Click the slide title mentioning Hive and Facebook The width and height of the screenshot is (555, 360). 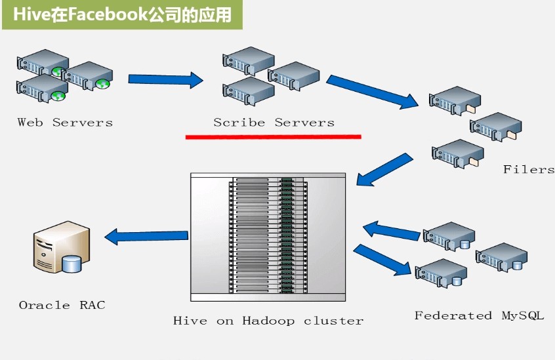click(x=122, y=14)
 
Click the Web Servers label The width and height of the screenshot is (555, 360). click(x=65, y=122)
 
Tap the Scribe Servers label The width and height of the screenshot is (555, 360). click(x=274, y=122)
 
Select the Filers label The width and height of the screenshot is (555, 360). click(x=528, y=169)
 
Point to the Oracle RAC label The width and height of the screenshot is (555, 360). click(x=62, y=305)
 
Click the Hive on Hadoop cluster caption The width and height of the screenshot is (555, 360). click(x=268, y=321)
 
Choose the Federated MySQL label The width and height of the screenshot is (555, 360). click(x=479, y=315)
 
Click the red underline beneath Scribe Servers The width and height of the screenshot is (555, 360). click(x=273, y=136)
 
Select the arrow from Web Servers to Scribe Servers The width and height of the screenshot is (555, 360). click(x=165, y=80)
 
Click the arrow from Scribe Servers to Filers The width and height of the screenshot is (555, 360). click(x=372, y=91)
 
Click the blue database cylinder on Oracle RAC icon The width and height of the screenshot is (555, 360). click(x=72, y=264)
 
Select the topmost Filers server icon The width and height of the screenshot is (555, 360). click(x=455, y=99)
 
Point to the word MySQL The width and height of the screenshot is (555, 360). click(x=523, y=315)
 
